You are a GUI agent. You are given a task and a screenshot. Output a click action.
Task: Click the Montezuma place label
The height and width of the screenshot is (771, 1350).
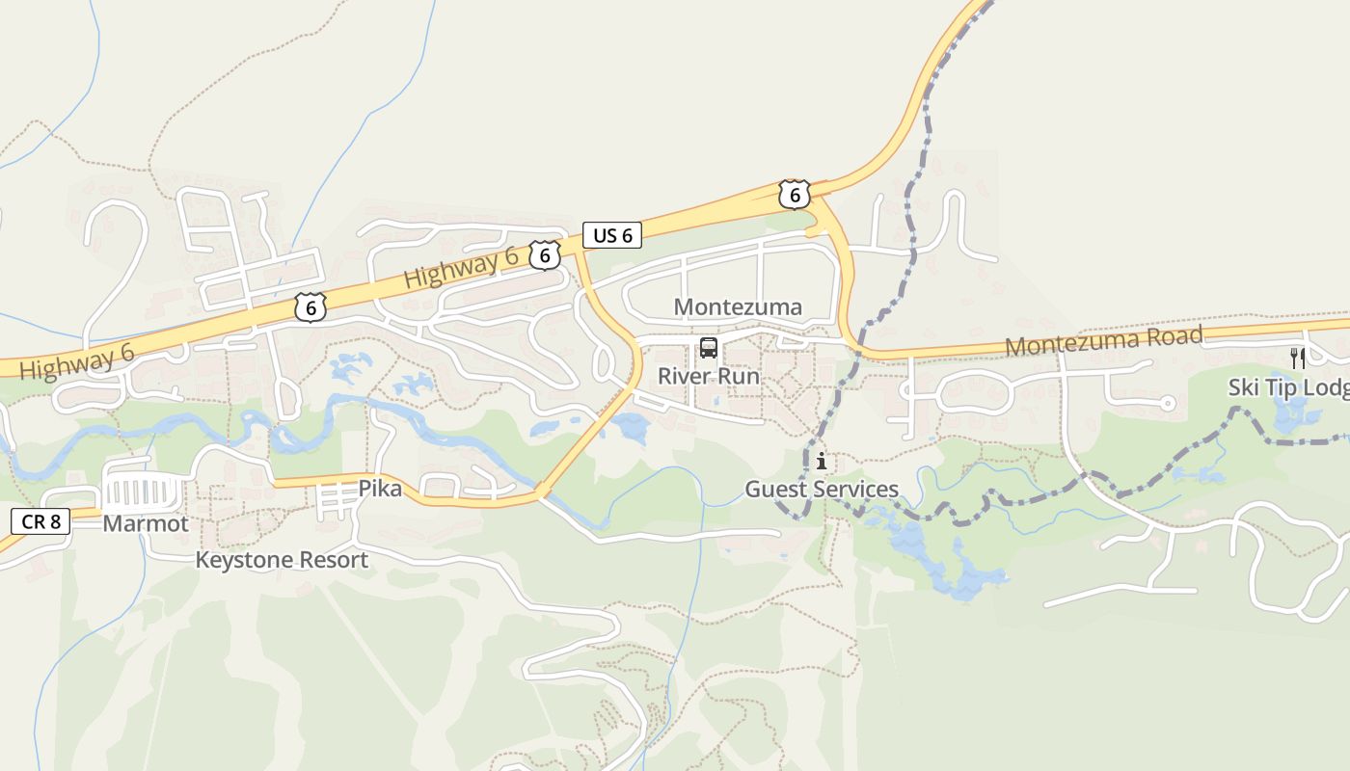coord(738,307)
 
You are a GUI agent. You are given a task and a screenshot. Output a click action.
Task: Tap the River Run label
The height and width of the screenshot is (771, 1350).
coord(709,376)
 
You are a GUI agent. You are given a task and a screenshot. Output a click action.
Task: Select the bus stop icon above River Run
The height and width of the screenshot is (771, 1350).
coord(709,348)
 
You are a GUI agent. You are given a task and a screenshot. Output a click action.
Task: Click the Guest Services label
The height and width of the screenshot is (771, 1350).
coord(822,490)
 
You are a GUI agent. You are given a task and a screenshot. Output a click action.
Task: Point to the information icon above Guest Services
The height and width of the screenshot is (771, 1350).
coord(822,462)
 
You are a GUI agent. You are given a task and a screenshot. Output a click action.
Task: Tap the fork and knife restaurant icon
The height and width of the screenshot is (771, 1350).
coord(1298,359)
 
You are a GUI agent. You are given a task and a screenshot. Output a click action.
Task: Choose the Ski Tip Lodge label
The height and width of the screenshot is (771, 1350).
coord(1288,387)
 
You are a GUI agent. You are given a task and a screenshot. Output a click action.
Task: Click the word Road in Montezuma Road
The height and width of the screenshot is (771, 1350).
coord(1170,337)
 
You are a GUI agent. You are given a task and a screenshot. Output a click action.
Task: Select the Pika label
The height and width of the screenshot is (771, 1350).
coord(380,489)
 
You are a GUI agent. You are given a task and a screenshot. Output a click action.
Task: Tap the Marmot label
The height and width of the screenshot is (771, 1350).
coord(146,524)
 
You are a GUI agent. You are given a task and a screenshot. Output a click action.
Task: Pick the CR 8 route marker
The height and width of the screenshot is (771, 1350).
coord(40,522)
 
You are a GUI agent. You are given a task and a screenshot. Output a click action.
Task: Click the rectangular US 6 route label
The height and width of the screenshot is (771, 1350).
coord(612,235)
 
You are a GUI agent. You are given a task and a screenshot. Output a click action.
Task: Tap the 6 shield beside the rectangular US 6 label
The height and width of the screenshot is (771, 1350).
coord(545,255)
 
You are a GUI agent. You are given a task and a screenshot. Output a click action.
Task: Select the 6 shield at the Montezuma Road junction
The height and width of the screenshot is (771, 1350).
coord(794,195)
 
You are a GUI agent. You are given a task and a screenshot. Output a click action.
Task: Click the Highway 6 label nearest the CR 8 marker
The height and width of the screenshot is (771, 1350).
coord(76,361)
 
